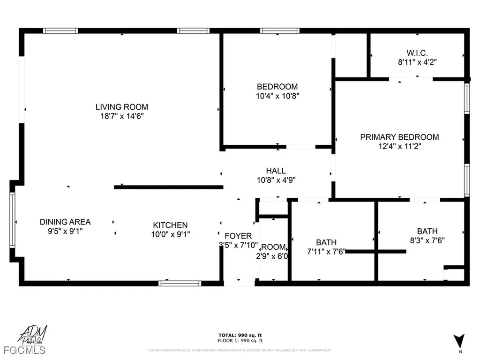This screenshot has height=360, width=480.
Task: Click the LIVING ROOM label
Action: pos(122,107)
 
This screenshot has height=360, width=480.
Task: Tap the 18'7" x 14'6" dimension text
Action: pos(122,116)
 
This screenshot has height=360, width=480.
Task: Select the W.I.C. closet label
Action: pos(417,52)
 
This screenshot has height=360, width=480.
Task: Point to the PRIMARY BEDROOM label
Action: pos(399,137)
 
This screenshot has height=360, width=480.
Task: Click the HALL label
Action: pos(276,171)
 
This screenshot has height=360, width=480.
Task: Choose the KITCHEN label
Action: pos(170,225)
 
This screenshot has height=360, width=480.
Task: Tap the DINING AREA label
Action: pos(65,222)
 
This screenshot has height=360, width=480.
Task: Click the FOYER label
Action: pos(238,236)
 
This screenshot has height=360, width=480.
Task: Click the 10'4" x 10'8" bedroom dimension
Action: pos(277,96)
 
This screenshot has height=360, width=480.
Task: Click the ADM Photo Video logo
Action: pos(30,334)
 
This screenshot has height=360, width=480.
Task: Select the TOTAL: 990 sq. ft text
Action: pos(240,335)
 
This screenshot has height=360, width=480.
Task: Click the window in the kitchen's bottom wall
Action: pos(180,283)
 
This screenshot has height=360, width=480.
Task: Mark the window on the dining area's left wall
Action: pos(12,220)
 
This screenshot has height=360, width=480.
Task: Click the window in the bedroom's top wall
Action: pos(279,31)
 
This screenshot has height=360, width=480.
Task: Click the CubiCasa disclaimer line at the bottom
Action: pos(240,350)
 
